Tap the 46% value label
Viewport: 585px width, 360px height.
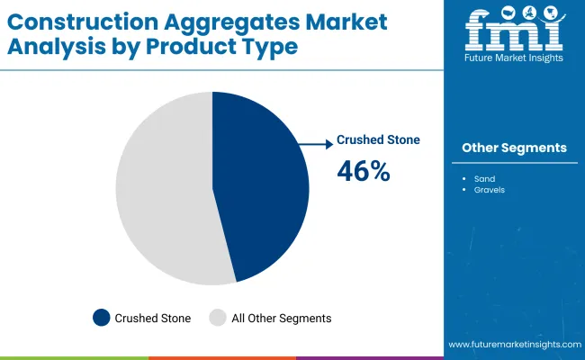[363, 171]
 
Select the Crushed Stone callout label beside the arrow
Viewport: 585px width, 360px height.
[378, 140]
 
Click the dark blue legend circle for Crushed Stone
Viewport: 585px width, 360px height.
[101, 317]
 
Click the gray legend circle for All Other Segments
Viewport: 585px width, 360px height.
[218, 317]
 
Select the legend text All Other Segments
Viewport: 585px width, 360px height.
[283, 318]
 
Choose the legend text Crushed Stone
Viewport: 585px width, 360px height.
[154, 318]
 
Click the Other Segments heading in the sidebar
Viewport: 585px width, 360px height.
[514, 148]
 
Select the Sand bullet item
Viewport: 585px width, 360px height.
[485, 178]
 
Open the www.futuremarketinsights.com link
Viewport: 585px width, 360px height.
[512, 345]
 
